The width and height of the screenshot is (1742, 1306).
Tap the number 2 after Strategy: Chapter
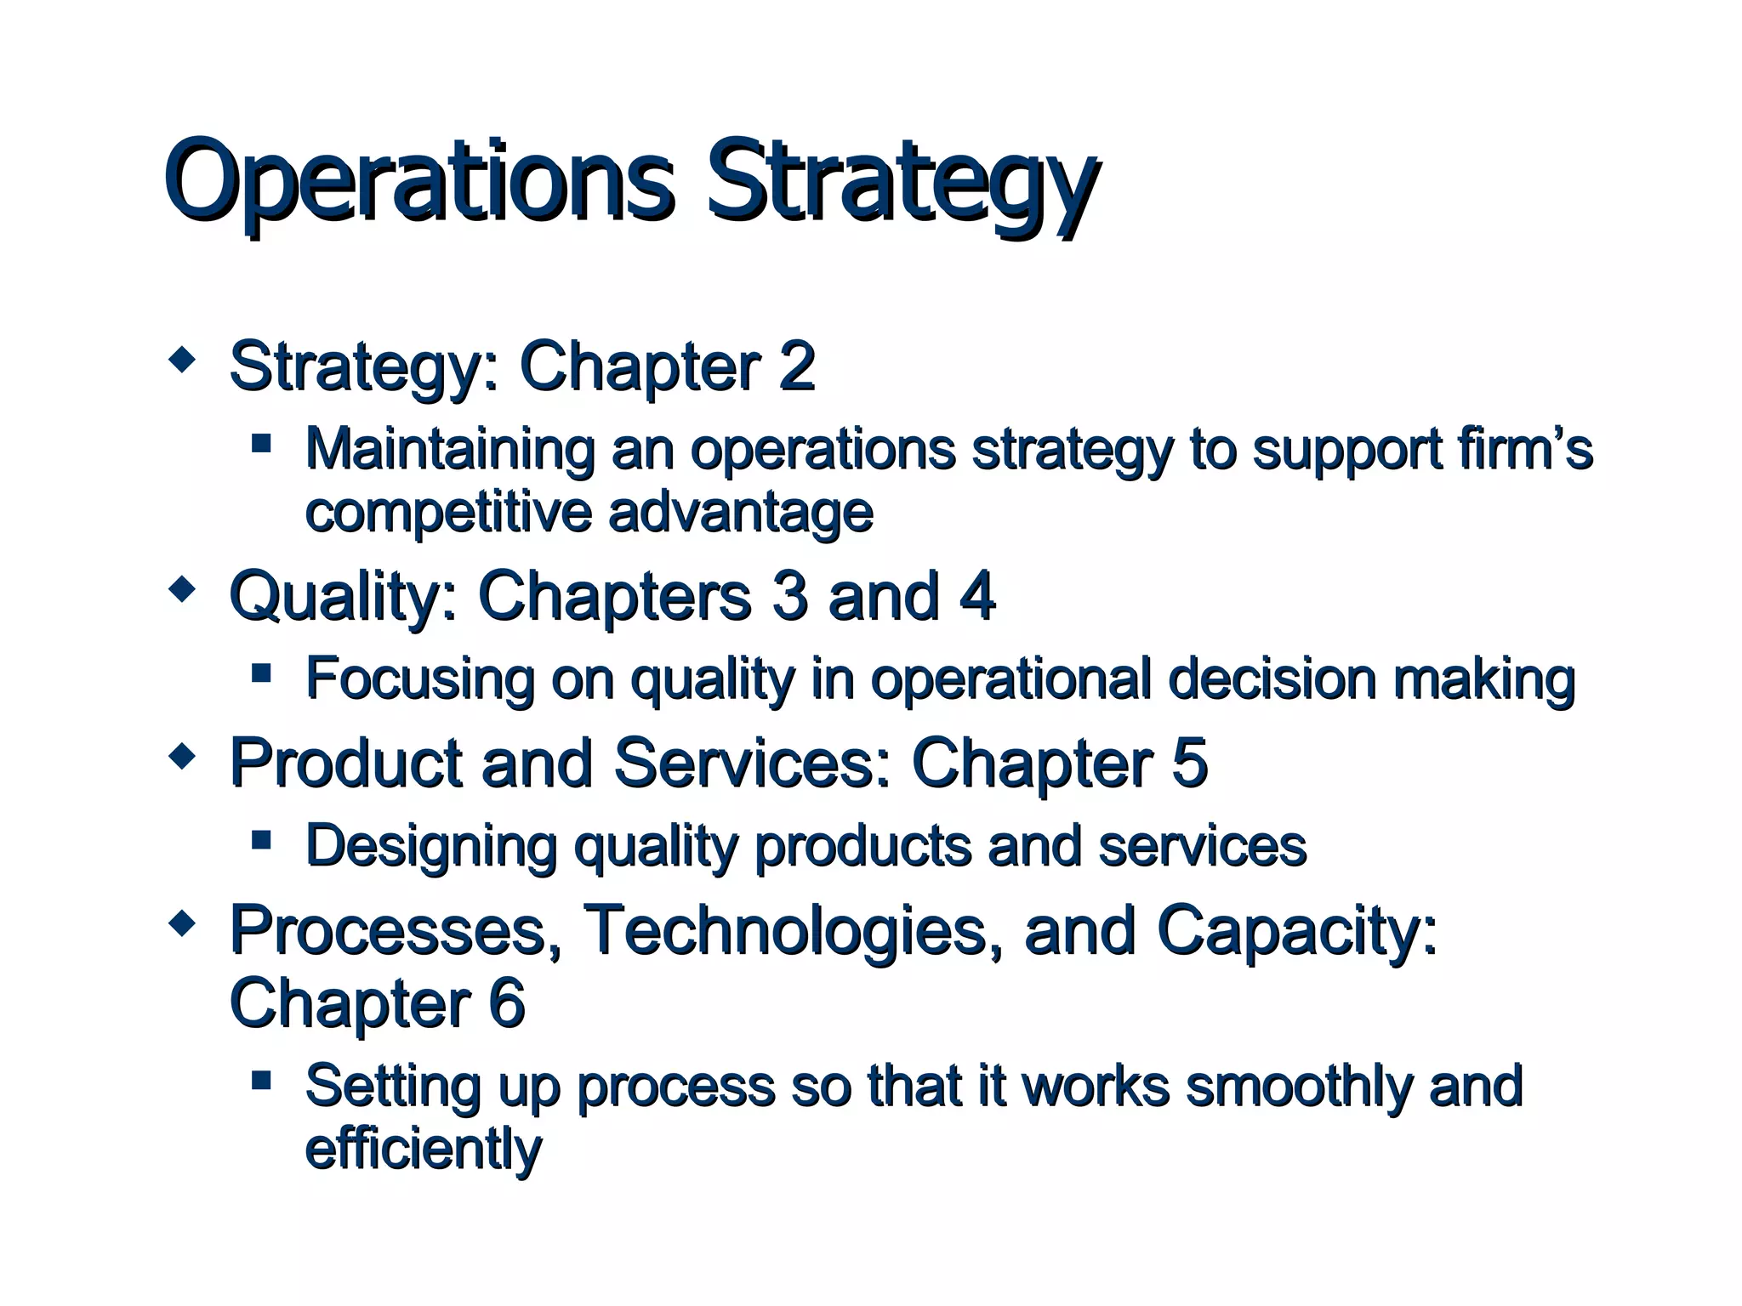click(x=796, y=366)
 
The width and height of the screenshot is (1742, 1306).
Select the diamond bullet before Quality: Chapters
click(x=182, y=588)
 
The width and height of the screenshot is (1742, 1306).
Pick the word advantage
click(x=740, y=512)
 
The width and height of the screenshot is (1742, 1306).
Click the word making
click(x=1483, y=680)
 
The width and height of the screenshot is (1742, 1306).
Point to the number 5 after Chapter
click(x=1189, y=762)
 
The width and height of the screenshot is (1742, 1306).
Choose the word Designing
click(x=430, y=847)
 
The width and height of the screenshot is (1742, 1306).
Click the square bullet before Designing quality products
click(x=261, y=840)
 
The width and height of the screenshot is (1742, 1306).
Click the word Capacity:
click(x=1296, y=932)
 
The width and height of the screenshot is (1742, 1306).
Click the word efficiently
click(x=423, y=1150)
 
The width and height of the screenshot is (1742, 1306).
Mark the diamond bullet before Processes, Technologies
click(x=182, y=923)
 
